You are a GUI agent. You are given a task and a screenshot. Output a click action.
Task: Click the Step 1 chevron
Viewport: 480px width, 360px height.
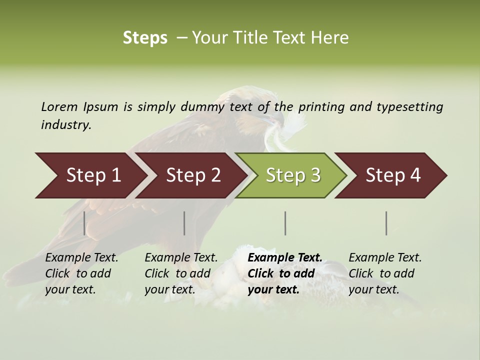(90, 175)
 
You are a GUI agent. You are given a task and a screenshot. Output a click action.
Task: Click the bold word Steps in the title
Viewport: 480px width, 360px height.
(145, 38)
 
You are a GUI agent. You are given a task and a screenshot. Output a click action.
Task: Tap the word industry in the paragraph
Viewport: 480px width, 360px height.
(66, 124)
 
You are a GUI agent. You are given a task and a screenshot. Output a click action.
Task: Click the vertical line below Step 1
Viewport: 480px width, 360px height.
(84, 223)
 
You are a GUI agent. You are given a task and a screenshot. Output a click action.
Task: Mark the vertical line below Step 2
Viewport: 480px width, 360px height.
(184, 223)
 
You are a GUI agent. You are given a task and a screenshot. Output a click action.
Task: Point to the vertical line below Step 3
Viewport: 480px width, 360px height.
(285, 223)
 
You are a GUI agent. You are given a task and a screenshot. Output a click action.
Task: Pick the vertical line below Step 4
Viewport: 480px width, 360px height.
(386, 223)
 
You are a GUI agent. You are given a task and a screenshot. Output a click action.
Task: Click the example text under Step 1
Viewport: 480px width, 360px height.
(81, 273)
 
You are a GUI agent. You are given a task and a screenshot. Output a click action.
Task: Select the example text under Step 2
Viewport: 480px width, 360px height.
(181, 273)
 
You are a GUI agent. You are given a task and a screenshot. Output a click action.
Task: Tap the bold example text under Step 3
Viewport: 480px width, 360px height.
(284, 273)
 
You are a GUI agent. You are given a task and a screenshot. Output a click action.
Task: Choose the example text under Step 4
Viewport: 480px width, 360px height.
(385, 273)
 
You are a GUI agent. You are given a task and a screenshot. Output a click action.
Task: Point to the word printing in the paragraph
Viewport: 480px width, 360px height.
(321, 107)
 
